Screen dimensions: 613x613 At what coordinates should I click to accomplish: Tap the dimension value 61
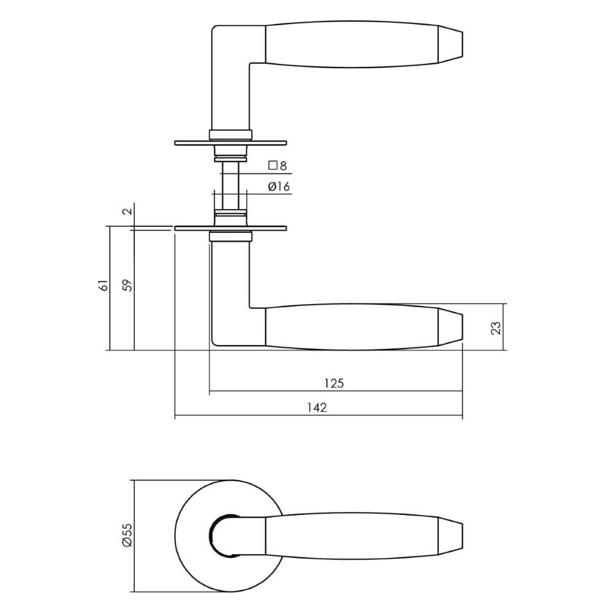(104, 285)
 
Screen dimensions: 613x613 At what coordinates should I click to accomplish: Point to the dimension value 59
(127, 285)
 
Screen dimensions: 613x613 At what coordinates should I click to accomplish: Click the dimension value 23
(497, 327)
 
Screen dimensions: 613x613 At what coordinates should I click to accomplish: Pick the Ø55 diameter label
(127, 536)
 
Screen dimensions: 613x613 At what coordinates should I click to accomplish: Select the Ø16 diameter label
(278, 188)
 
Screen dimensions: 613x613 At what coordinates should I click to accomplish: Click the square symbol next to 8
(273, 166)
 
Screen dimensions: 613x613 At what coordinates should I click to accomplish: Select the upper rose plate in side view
(230, 143)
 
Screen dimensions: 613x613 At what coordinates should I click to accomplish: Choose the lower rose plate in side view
(230, 229)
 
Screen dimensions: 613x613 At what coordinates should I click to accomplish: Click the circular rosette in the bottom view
(190, 536)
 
